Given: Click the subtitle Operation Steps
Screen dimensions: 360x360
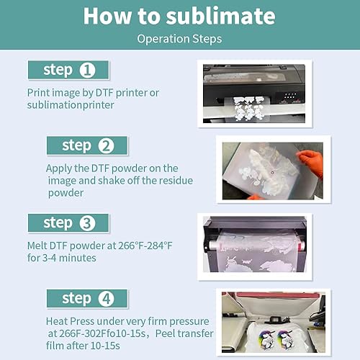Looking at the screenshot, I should [179, 39].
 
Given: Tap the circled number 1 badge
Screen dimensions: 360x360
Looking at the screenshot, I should [87, 71].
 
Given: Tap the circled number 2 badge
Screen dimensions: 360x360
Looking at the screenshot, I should [107, 146].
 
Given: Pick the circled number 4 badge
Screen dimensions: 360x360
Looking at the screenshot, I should [105, 299].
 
